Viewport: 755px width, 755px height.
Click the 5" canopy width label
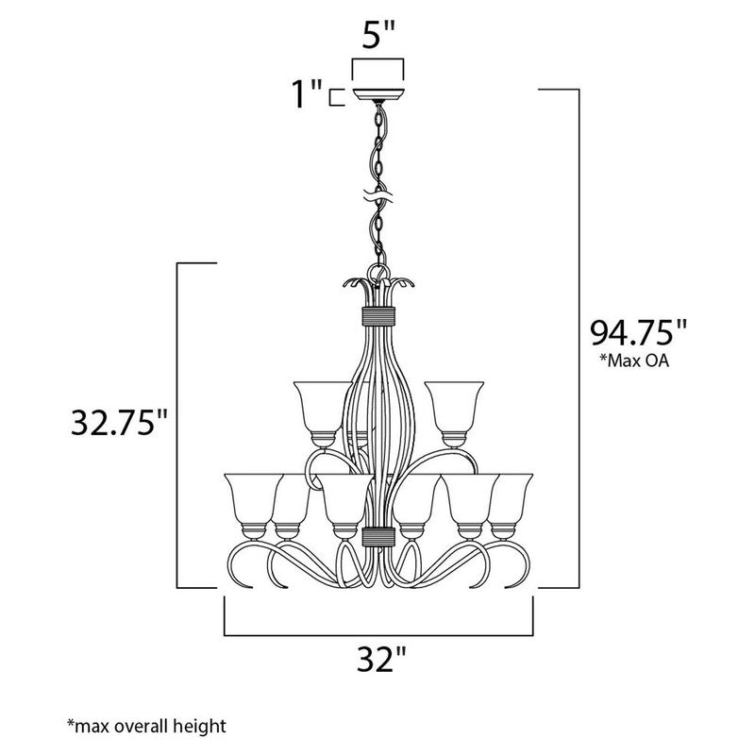click(377, 41)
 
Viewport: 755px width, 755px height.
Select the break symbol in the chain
click(377, 198)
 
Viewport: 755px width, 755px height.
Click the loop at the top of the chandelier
click(378, 273)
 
